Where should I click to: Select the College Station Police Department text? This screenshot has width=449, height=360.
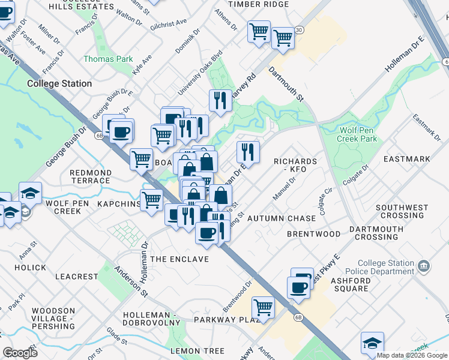coord(385,268)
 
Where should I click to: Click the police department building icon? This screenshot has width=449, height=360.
coord(424,266)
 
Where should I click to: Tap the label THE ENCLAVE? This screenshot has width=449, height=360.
coord(179,259)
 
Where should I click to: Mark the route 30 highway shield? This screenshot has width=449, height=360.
coord(299,29)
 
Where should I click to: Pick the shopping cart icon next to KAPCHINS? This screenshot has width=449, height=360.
coord(151,200)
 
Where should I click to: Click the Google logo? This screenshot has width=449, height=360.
coord(20,353)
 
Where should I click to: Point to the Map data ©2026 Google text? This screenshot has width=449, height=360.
coord(411,355)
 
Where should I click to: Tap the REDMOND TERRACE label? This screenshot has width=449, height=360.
coord(91,176)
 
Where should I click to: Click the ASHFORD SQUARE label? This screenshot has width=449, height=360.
coord(360,284)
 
